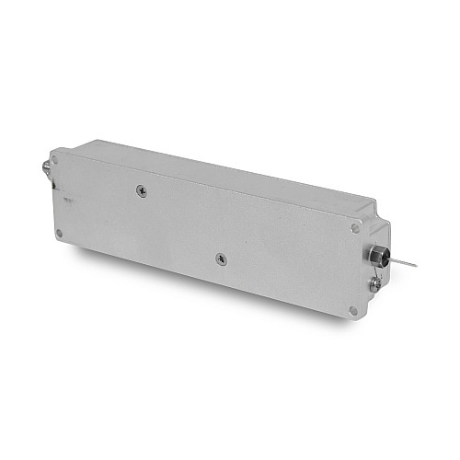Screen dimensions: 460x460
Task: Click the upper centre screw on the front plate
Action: coord(140,190)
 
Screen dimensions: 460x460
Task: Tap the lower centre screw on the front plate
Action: coord(221,260)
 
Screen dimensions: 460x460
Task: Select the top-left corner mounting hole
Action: coord(55,160)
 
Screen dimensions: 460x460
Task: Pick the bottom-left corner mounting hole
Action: coord(60,234)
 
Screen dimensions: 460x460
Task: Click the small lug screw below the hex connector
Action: coord(374,284)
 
